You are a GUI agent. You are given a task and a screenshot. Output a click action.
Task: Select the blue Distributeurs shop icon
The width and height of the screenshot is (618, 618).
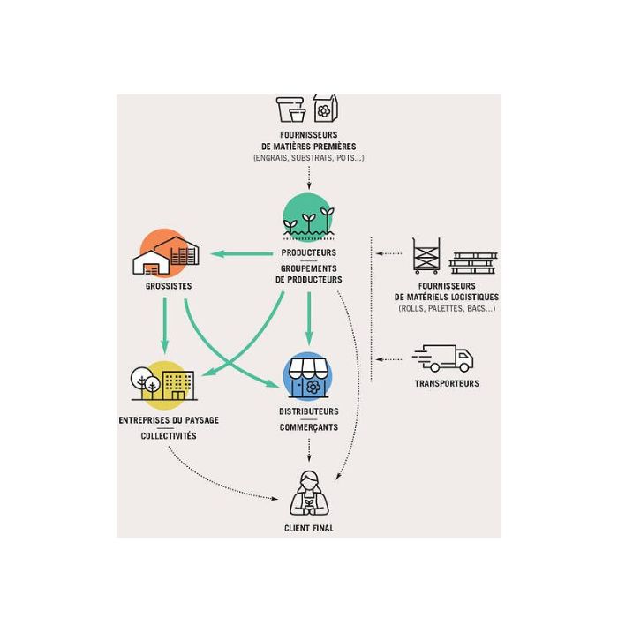tap(308, 376)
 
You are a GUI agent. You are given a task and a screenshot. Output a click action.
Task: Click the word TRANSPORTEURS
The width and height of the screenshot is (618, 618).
tap(447, 384)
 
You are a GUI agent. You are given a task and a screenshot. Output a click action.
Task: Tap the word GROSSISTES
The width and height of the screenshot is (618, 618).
tap(168, 286)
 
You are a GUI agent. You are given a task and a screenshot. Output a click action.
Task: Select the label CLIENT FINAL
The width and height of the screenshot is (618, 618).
tap(309, 529)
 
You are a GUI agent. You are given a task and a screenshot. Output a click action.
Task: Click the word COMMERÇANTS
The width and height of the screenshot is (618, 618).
tap(308, 427)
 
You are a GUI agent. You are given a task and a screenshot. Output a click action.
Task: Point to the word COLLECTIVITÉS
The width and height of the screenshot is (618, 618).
tap(169, 436)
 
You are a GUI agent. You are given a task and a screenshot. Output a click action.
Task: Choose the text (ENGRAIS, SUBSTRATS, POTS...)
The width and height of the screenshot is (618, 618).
tap(309, 158)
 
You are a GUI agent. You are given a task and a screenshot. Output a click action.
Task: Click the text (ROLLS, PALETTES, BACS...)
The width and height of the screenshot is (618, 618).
tap(447, 309)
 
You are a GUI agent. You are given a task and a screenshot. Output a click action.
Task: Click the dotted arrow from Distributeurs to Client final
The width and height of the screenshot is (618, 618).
tap(308, 449)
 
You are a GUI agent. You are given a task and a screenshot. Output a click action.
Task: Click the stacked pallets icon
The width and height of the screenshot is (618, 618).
tap(473, 261)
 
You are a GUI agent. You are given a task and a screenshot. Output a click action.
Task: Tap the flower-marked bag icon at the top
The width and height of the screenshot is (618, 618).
tap(325, 109)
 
